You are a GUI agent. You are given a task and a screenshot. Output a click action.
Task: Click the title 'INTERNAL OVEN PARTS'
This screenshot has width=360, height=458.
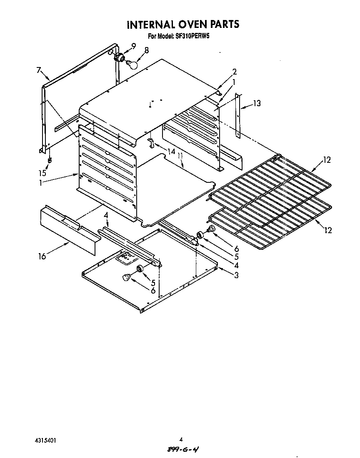(183, 25)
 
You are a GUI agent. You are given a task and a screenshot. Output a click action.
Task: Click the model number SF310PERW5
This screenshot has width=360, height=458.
(191, 37)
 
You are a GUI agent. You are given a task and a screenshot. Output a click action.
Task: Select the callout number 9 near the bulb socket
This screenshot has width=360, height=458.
(133, 46)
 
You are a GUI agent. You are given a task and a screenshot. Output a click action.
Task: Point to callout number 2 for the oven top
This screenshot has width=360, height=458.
(235, 71)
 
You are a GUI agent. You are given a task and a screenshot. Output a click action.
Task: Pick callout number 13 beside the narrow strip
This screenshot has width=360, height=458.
(257, 103)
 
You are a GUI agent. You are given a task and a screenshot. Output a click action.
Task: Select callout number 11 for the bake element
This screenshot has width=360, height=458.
(180, 157)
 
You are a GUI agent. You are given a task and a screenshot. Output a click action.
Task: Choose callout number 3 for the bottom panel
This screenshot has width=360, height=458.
(236, 275)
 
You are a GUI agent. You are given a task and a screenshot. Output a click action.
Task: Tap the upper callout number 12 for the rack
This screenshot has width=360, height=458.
(327, 160)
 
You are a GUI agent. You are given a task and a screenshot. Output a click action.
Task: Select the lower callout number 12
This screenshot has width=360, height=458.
(328, 230)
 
